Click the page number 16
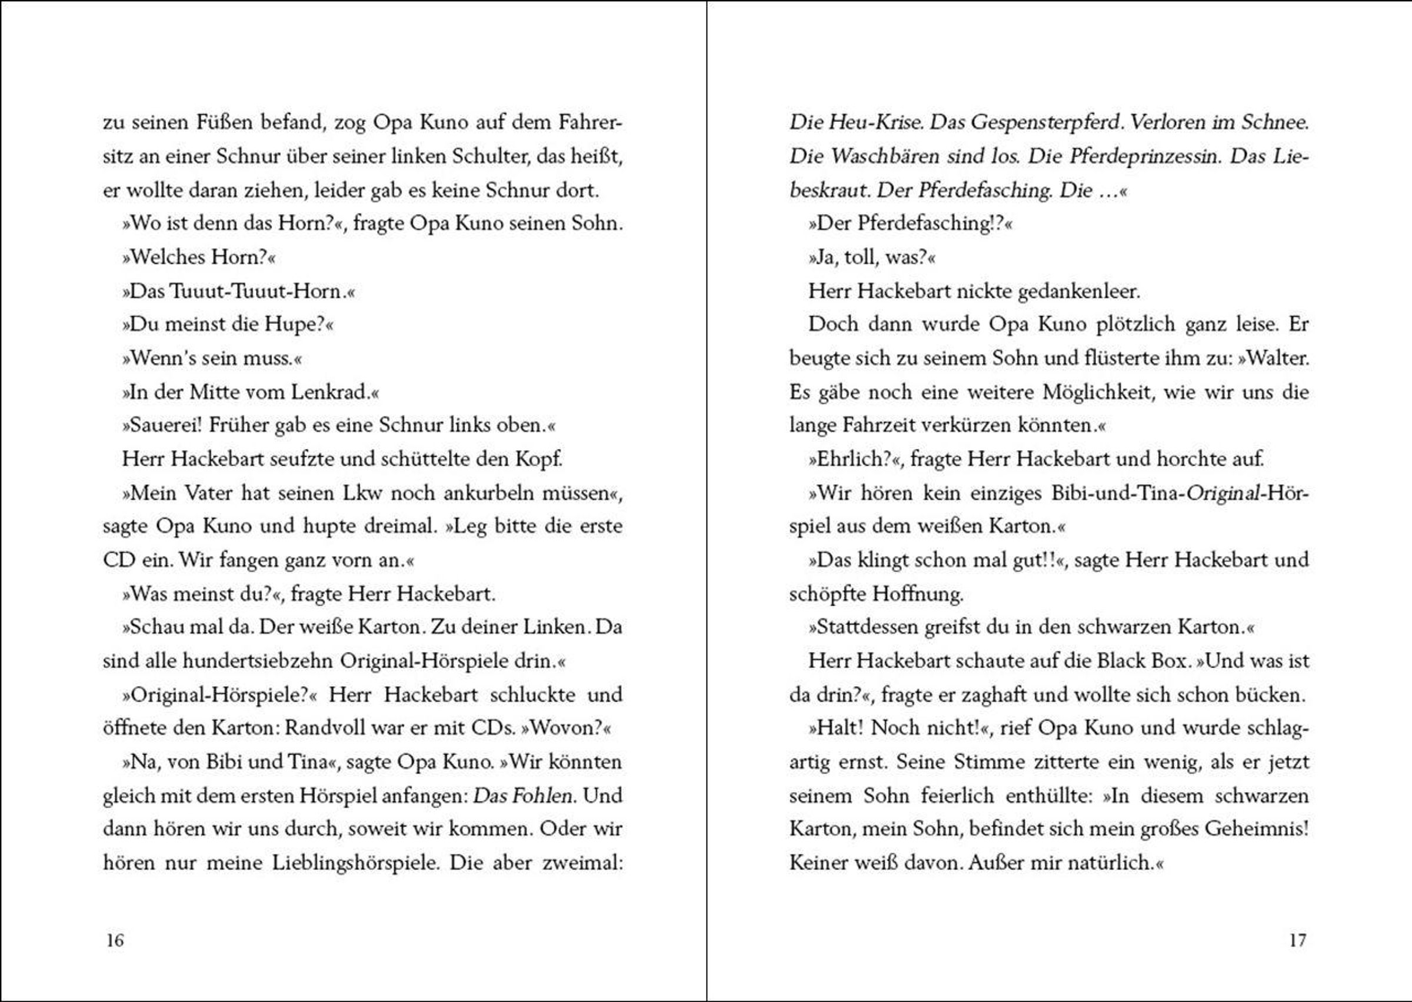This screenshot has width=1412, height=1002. coord(115,940)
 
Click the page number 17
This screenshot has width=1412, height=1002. coord(1297,940)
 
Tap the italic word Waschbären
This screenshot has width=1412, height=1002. coord(882,156)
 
